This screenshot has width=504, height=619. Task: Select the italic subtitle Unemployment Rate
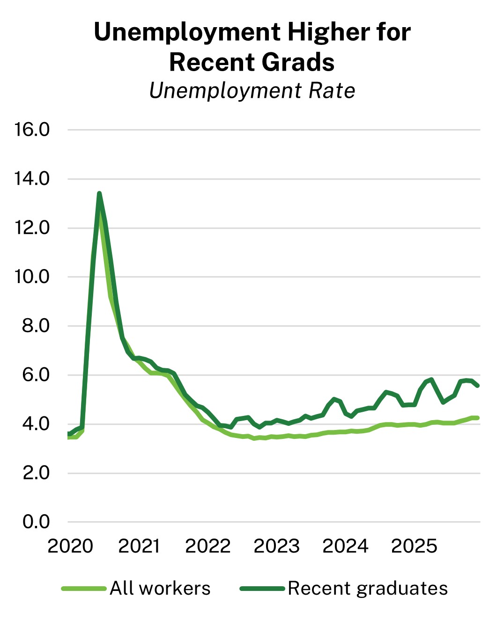(x=252, y=91)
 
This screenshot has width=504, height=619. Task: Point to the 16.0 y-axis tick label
(x=32, y=130)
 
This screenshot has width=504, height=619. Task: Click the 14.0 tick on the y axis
(x=32, y=179)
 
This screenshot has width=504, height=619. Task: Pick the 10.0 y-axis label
(x=32, y=277)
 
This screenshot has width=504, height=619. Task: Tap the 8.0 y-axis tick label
(x=35, y=326)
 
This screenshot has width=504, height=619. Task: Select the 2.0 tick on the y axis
(x=35, y=473)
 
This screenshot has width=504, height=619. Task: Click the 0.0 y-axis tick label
(x=35, y=522)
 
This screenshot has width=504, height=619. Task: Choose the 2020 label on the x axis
(x=70, y=546)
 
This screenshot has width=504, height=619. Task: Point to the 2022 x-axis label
(x=208, y=546)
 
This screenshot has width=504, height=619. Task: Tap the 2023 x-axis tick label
(x=276, y=546)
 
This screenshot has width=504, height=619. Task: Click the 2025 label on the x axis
(x=414, y=546)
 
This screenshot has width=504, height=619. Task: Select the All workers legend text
(x=160, y=589)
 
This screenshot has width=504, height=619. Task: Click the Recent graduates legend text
(x=368, y=589)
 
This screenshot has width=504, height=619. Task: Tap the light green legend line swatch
(x=84, y=589)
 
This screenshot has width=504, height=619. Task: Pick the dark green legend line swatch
(x=262, y=589)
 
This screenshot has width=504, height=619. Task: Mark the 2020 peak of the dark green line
(x=99, y=193)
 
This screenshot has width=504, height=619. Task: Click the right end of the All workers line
(x=477, y=418)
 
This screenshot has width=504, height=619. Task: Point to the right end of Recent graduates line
(x=477, y=386)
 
